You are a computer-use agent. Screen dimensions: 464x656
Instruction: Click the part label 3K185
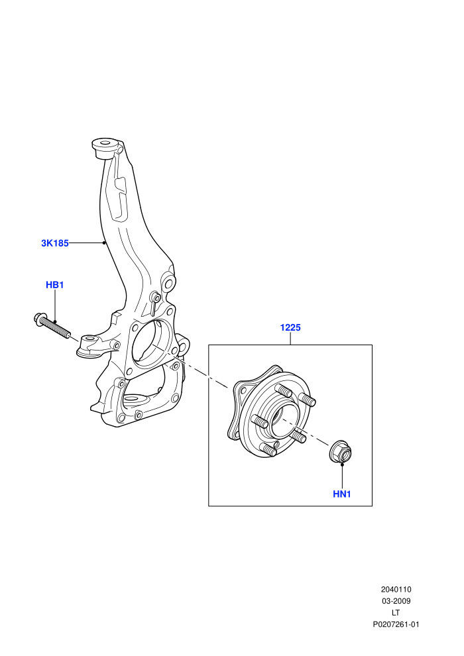[x=55, y=243]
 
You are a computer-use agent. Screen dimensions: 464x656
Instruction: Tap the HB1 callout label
[x=55, y=286]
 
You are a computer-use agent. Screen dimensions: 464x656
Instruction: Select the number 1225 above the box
[x=290, y=327]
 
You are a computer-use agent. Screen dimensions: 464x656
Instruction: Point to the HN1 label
[x=342, y=494]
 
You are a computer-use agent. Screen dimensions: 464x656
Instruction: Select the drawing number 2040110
[x=396, y=590]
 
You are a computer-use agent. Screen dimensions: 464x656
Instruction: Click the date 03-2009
[x=396, y=601]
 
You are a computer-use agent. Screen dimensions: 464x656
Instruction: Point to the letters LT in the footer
[x=396, y=613]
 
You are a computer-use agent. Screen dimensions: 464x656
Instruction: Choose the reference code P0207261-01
[x=396, y=625]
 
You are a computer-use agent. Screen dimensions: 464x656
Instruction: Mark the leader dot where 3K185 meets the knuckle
[x=104, y=243]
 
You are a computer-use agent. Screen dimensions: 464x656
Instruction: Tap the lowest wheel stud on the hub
[x=268, y=450]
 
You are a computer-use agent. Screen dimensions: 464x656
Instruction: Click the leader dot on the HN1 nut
[x=342, y=464]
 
